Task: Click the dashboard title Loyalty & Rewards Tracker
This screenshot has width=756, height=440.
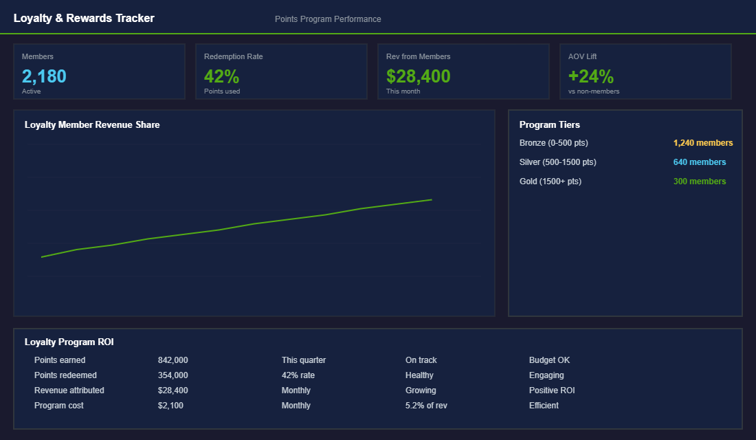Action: tap(84, 19)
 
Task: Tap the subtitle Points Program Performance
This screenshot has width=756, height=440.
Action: tap(328, 19)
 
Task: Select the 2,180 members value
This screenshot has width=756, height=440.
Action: tap(44, 76)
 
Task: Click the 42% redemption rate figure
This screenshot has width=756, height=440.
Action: tap(221, 76)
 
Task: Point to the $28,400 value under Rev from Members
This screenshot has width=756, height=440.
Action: tap(418, 76)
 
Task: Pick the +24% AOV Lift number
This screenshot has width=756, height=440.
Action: tap(591, 76)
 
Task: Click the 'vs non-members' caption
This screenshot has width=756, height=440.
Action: tap(594, 91)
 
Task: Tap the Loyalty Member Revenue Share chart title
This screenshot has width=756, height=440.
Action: tap(92, 125)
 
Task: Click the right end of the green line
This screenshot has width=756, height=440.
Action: tap(431, 200)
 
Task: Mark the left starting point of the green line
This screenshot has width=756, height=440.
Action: tap(42, 257)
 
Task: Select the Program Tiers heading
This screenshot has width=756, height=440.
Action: tap(549, 125)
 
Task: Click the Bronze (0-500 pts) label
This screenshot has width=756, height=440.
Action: tap(553, 143)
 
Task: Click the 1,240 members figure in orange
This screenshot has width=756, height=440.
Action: tap(702, 143)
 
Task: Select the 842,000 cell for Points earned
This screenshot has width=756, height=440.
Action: tap(173, 360)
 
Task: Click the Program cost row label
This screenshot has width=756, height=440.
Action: tap(58, 406)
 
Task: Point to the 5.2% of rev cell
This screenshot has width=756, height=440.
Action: tap(426, 406)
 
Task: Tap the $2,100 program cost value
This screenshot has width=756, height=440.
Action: tap(170, 406)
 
